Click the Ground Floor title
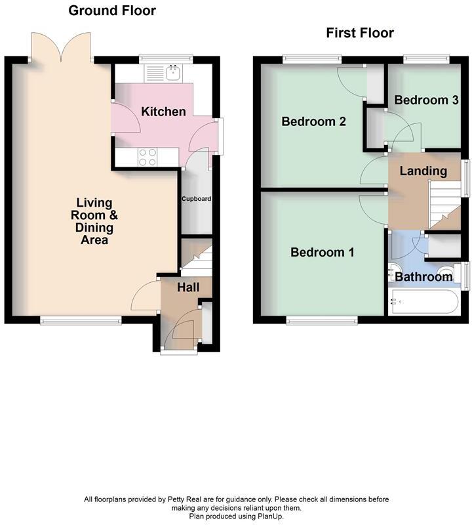112,10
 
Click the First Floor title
360,33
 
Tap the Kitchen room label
163,112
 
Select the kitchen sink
174,72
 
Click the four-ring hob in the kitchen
147,156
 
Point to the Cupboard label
196,198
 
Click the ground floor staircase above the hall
195,258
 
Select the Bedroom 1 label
323,252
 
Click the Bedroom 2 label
313,121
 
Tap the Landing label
423,171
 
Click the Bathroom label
423,276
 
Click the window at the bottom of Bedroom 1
321,320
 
